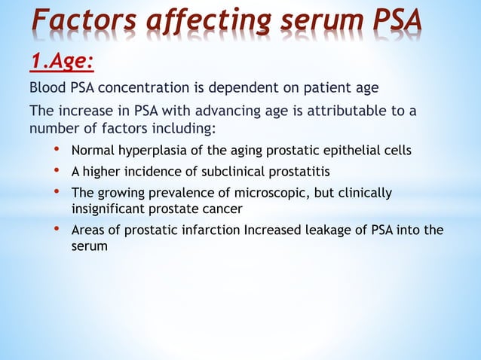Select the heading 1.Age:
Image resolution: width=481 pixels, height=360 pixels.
pyautogui.click(x=61, y=58)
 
